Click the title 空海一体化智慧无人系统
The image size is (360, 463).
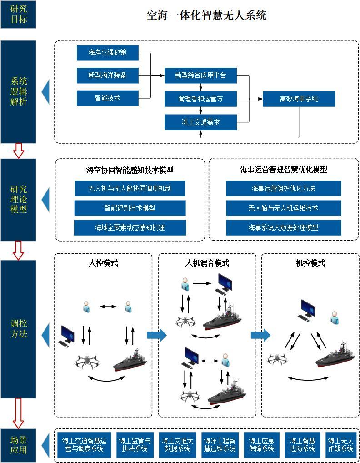point(206,15)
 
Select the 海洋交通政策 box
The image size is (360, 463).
point(107,53)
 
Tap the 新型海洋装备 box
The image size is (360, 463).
point(107,75)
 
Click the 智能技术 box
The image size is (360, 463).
point(107,98)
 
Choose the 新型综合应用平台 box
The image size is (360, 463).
point(200,75)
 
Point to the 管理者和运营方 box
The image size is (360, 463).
point(200,98)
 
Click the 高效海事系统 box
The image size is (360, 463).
point(299,99)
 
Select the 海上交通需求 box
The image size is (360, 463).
point(200,122)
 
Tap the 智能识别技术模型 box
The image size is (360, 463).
point(130,208)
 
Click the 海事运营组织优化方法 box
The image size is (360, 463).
point(283,188)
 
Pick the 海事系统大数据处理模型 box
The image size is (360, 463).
point(283,227)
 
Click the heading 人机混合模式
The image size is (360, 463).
point(207,263)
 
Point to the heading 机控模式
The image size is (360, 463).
point(310,263)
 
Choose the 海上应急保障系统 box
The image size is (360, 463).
point(261,444)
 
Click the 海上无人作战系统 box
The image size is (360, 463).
point(340,444)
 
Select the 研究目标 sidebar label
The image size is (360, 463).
point(18,15)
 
